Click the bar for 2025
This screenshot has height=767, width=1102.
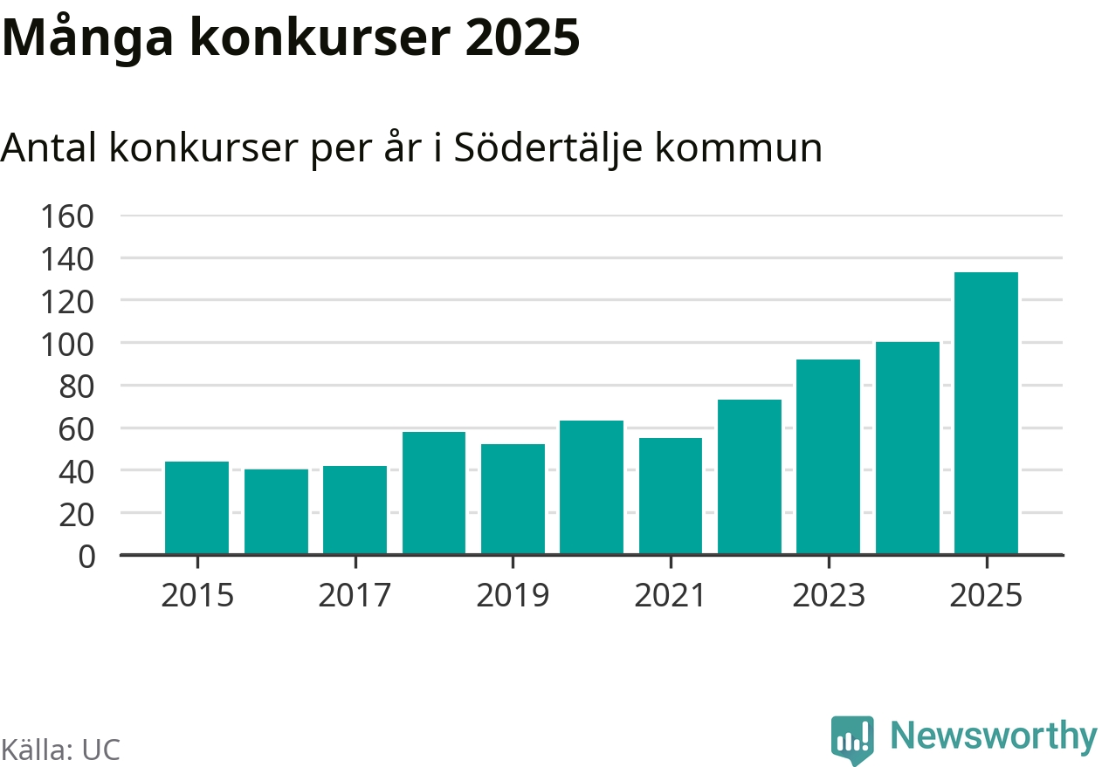[986, 414]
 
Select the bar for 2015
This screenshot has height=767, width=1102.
[197, 508]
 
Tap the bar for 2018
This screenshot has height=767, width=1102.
[434, 493]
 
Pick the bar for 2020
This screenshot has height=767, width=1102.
[591, 488]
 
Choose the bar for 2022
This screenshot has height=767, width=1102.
[749, 477]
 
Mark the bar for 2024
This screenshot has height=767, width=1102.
[907, 449]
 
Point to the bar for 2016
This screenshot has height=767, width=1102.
[276, 511]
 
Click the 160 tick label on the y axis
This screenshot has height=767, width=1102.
[67, 216]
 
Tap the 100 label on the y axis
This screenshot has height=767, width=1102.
[67, 343]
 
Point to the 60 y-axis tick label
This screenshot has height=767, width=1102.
[76, 428]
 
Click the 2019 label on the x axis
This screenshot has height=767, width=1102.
[513, 596]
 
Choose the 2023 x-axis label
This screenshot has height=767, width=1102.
[828, 596]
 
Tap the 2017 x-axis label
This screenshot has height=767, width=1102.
[355, 596]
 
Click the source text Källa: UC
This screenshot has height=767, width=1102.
[59, 750]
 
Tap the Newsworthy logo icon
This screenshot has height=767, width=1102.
[851, 740]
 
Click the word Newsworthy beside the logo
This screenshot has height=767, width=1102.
[994, 736]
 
